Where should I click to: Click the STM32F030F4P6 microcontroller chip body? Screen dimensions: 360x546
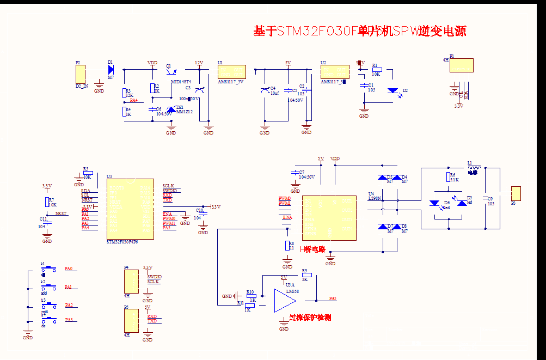pos(129,209)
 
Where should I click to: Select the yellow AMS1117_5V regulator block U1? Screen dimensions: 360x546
pos(231,72)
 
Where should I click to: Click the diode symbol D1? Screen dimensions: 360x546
pos(111,69)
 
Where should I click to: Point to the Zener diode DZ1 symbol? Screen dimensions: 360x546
pos(171,110)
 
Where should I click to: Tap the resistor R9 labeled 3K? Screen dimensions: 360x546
pos(304,276)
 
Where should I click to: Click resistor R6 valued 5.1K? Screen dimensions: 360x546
pos(448,176)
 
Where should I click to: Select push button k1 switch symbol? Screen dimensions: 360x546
pos(49,269)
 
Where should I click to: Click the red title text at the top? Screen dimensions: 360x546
pos(359,31)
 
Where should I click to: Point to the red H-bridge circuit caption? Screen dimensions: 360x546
pos(312,249)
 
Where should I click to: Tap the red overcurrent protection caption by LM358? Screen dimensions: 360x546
pos(310,318)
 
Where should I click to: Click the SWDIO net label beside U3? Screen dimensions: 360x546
pos(170,191)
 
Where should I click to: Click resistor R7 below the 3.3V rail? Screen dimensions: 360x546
pos(47,202)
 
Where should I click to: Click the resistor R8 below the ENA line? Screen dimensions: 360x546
pos(287,246)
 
